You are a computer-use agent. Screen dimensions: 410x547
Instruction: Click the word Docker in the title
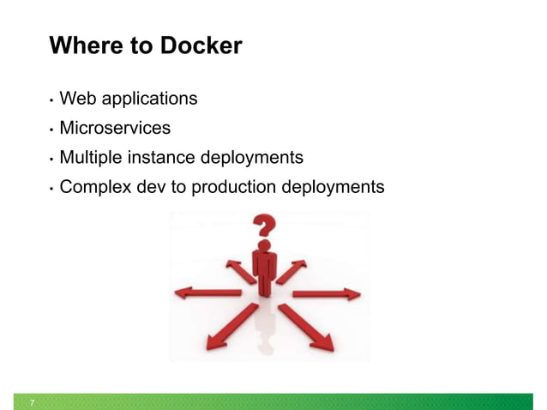point(201,45)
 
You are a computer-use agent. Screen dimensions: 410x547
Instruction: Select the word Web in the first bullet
point(75,99)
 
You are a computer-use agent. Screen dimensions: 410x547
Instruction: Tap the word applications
point(147,99)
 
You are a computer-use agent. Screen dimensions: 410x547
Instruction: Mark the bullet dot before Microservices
point(51,130)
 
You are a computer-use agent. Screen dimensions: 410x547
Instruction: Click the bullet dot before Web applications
point(51,100)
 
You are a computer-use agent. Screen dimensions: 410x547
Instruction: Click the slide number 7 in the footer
point(33,402)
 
